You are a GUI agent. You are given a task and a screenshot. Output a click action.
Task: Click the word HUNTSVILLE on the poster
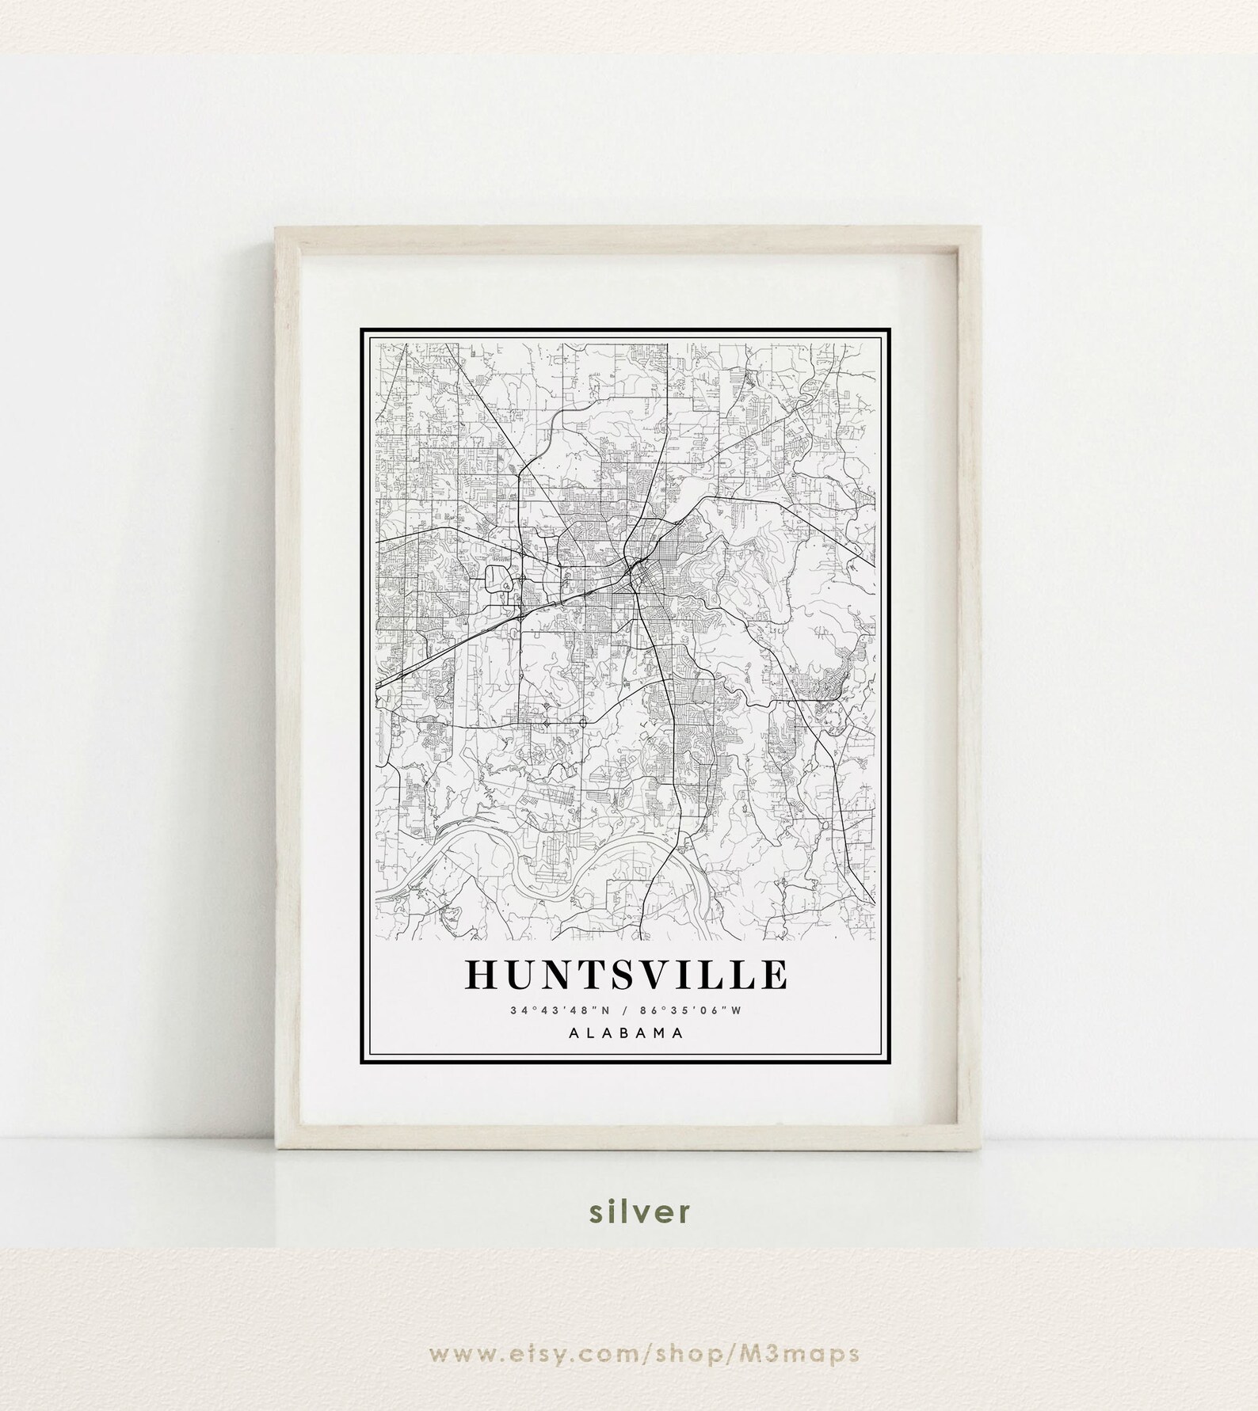626,975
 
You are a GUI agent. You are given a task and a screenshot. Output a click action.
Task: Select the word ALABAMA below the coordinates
626,1033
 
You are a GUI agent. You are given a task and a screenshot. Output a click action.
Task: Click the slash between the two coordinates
627,1010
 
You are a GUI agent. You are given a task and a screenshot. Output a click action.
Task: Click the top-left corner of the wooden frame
276,228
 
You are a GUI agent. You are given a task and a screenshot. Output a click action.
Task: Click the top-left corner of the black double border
362,329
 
